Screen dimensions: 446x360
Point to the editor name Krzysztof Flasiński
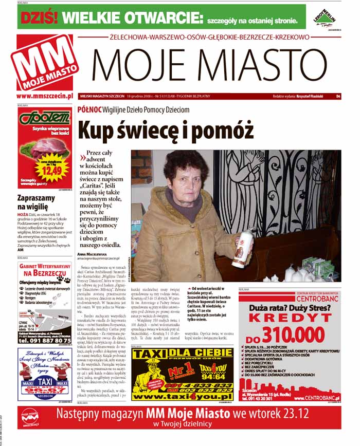(313, 96)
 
